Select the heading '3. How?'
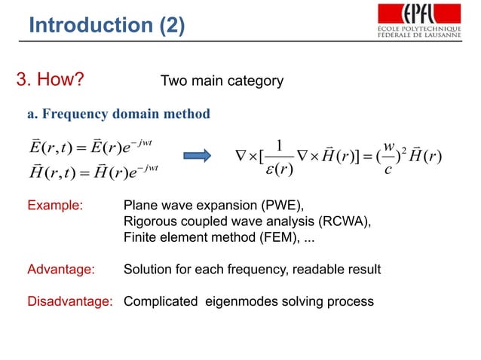point(50,81)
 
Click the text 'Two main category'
point(222,81)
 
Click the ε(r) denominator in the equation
point(280,168)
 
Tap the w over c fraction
point(390,155)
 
